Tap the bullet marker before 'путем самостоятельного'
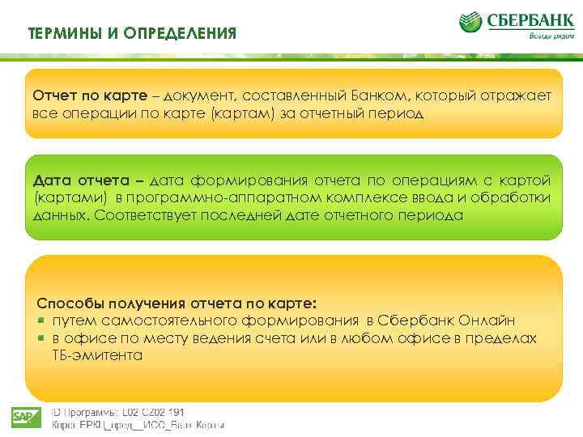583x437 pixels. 42,321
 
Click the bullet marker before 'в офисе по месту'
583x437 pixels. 42,338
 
